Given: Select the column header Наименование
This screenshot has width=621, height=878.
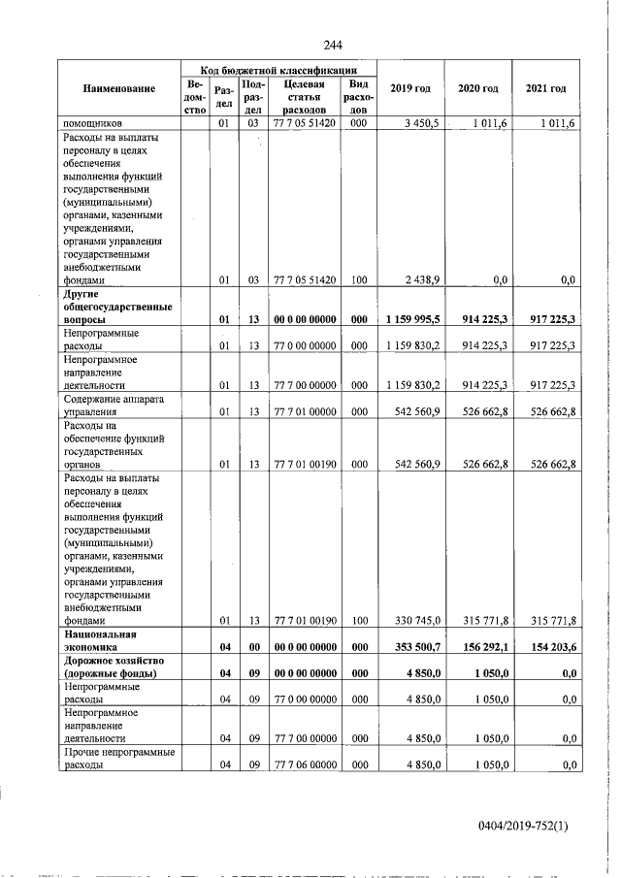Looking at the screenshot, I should tap(119, 89).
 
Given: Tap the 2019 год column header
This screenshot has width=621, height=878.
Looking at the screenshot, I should tap(409, 89).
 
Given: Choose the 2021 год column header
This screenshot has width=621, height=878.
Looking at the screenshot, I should tap(545, 89).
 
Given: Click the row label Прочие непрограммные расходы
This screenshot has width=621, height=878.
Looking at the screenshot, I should tap(117, 759).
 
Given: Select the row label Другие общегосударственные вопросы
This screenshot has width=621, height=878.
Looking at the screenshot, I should tap(117, 306).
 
